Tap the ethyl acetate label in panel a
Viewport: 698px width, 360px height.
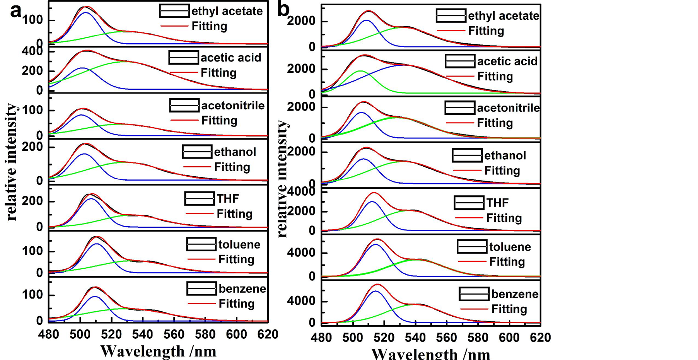click(x=227, y=11)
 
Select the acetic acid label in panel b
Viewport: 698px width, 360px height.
click(x=507, y=61)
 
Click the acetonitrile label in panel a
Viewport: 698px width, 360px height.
click(x=233, y=106)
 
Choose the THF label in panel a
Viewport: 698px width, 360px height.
click(x=228, y=199)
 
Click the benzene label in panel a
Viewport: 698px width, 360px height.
click(x=242, y=289)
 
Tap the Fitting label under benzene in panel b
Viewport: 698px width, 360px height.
click(x=509, y=309)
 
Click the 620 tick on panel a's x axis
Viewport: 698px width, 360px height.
click(x=268, y=334)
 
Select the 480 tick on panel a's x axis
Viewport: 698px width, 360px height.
click(x=49, y=334)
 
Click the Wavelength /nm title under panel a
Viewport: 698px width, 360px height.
click(x=158, y=351)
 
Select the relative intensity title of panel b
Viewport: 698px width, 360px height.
click(x=283, y=179)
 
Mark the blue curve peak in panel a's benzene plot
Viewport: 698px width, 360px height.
click(x=95, y=297)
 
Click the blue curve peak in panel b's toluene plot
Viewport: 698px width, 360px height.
click(x=375, y=244)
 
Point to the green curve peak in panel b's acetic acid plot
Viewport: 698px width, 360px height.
click(x=360, y=71)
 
